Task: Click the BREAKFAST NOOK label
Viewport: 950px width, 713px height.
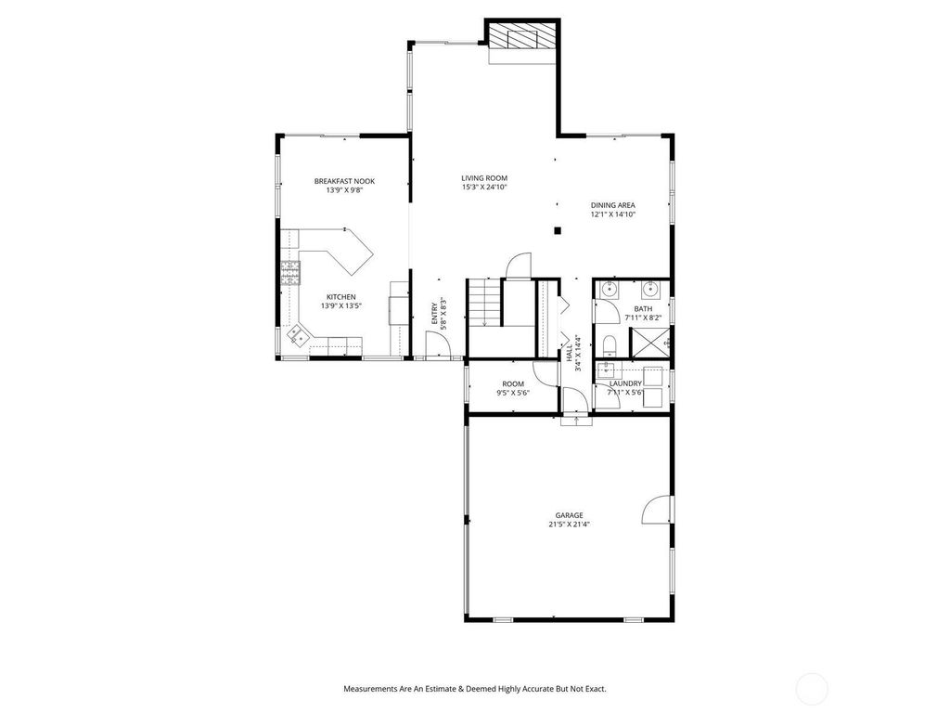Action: point(344,181)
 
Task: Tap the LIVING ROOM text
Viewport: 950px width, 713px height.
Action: point(484,178)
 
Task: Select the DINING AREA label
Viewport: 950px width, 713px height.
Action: point(613,205)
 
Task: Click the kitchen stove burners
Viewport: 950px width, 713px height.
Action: point(290,273)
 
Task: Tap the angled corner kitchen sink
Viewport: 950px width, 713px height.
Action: point(298,334)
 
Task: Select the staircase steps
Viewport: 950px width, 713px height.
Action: point(484,303)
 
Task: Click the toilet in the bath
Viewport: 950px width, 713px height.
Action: point(610,345)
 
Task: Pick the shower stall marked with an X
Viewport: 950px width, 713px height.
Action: point(650,344)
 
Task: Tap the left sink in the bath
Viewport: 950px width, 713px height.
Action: point(608,290)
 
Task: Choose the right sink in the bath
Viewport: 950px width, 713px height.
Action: point(651,290)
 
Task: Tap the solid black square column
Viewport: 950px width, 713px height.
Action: point(558,230)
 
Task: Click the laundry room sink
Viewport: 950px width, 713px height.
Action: point(606,369)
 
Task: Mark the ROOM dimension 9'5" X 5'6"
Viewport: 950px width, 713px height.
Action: point(512,393)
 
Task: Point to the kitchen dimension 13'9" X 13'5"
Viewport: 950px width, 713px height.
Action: point(341,306)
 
